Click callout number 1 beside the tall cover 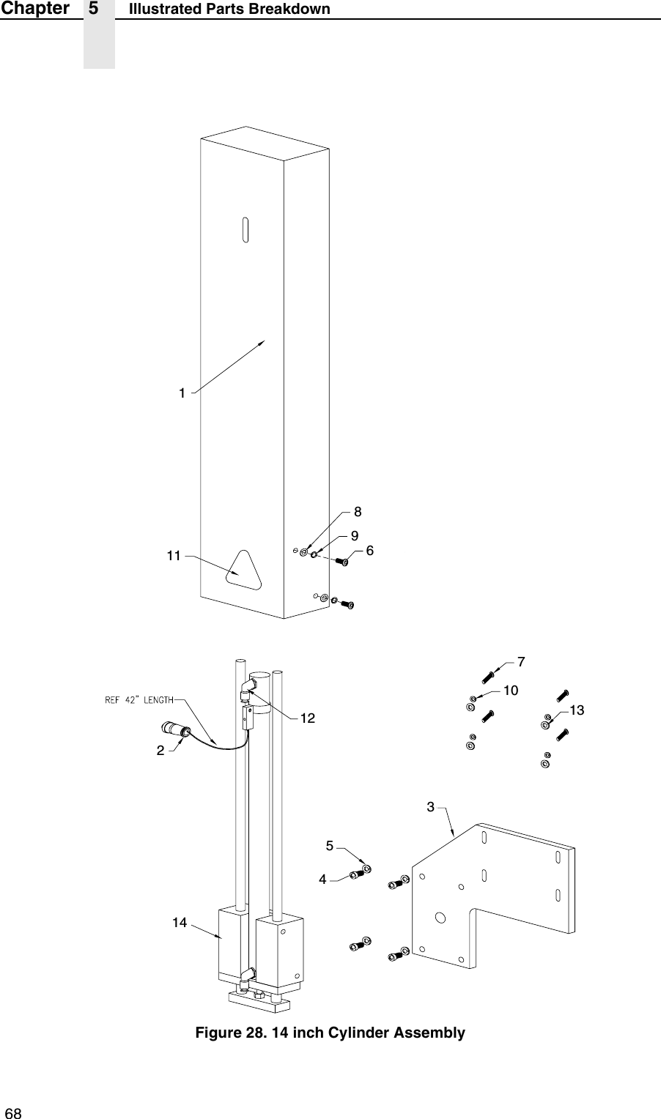(181, 393)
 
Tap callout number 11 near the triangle (173, 556)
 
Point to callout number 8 (358, 510)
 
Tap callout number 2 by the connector (159, 751)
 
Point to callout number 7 (520, 661)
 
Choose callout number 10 (510, 690)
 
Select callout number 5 (330, 845)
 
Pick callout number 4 (322, 879)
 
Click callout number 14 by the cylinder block (180, 922)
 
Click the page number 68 (13, 1113)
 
